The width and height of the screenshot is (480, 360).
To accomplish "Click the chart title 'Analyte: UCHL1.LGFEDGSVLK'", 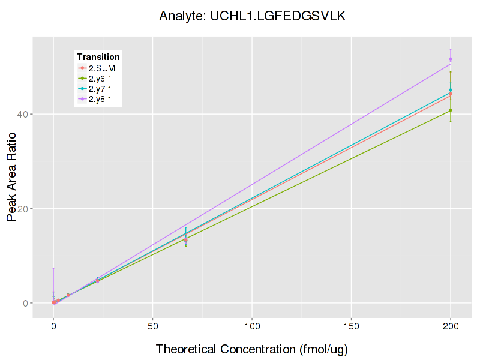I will tap(252, 16).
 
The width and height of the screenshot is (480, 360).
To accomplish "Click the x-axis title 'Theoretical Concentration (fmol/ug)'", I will tap(252, 349).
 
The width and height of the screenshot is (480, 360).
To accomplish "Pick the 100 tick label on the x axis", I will tap(252, 326).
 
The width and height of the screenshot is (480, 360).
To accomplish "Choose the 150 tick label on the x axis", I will tap(351, 326).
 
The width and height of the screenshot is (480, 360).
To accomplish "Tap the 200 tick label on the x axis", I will tap(451, 326).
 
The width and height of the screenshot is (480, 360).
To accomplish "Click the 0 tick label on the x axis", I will tap(53, 326).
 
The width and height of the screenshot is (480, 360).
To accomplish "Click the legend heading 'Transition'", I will tap(98, 57).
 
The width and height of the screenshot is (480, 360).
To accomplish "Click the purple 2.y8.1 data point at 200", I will tap(451, 59).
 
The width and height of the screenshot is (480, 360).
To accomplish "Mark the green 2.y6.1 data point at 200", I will tap(451, 110).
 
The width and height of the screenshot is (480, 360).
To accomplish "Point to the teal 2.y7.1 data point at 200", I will tap(451, 90).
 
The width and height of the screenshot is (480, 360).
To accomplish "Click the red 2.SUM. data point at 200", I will tap(451, 94).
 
